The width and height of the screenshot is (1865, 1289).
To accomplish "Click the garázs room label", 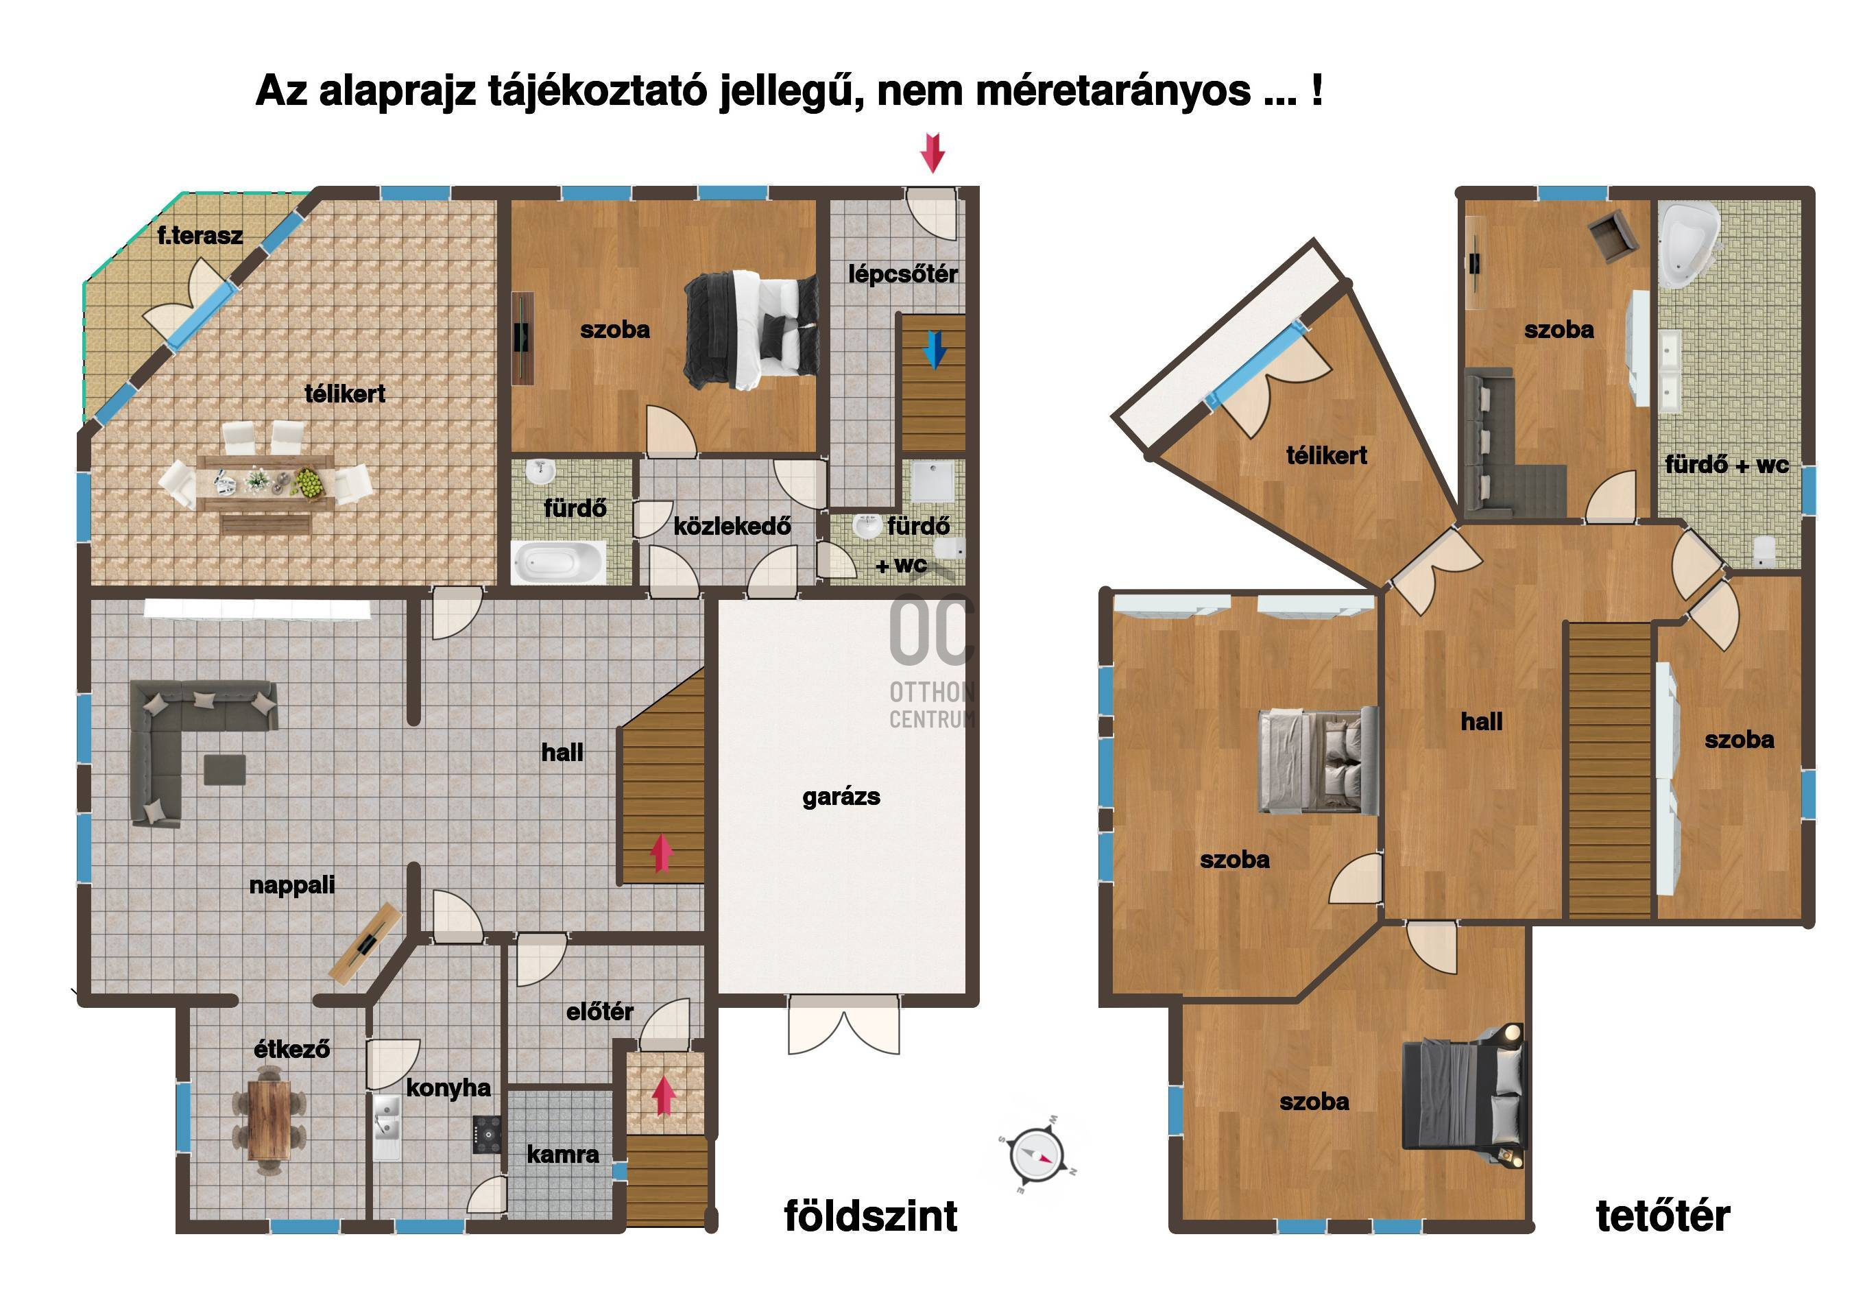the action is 841,798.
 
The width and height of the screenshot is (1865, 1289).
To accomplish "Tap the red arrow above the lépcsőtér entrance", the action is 933,154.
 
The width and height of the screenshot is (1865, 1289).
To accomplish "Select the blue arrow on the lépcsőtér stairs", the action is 935,350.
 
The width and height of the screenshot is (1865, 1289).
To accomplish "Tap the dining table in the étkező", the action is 269,1118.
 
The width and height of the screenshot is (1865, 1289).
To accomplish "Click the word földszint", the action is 870,1216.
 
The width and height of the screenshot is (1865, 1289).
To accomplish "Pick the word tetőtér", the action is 1663,1216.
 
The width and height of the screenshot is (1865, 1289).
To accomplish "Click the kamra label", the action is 563,1155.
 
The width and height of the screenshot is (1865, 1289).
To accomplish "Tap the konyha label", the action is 448,1089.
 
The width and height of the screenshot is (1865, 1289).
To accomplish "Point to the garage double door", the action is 843,1024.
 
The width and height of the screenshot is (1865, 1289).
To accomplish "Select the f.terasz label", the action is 200,236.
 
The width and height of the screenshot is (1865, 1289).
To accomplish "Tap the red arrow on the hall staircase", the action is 662,854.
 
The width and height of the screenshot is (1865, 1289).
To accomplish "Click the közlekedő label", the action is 732,527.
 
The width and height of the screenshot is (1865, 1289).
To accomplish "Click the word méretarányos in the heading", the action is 1114,92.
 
